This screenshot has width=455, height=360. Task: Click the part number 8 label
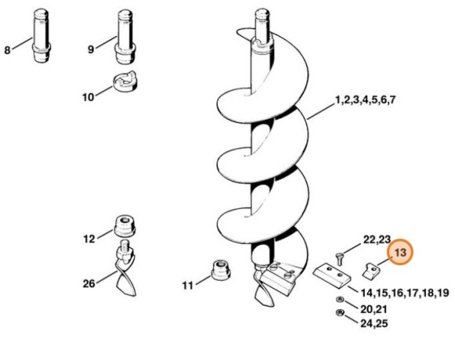coord(8,50)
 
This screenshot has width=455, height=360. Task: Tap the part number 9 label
coord(90,49)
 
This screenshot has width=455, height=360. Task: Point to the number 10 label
coord(88,97)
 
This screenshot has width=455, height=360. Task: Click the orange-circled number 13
coord(402,253)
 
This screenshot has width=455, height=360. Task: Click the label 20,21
coord(373,307)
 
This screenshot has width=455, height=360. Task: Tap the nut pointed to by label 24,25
coord(339,315)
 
